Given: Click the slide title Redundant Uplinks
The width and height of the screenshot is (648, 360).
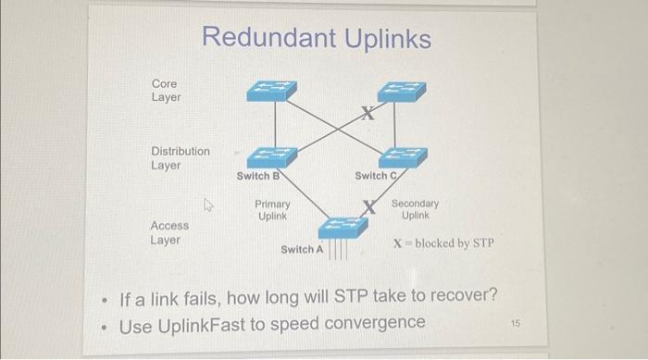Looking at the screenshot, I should [316, 39].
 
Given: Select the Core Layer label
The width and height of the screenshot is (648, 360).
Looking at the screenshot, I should [167, 91].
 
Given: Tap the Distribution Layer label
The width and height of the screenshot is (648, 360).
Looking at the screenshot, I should [180, 158].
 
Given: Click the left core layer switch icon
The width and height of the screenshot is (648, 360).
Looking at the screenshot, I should [271, 90].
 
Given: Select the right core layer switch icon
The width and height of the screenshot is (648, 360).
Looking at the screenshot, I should [401, 92].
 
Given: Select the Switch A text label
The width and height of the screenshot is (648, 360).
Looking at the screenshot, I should [302, 250].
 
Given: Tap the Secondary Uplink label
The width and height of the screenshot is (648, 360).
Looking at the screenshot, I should [415, 209].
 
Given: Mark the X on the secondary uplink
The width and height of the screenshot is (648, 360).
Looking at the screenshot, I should [372, 207].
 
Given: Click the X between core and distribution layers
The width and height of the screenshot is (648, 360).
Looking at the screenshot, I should [368, 115].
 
